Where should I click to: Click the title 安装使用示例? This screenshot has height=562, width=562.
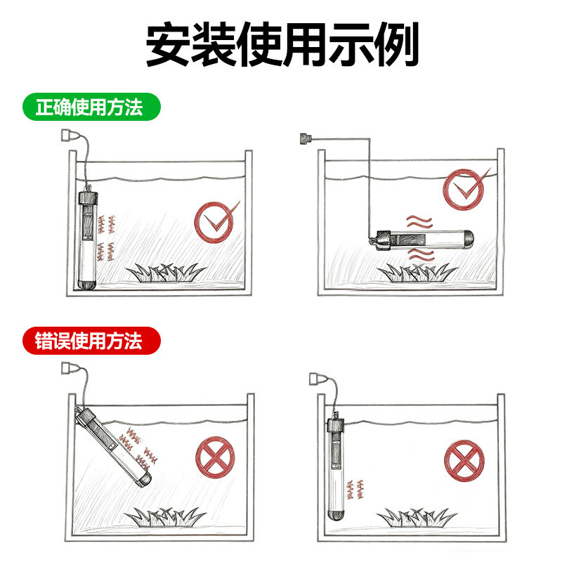click(281, 44)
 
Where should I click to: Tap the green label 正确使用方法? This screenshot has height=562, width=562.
click(91, 108)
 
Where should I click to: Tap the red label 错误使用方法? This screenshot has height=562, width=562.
click(91, 341)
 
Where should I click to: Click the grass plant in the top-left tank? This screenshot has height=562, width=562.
click(166, 272)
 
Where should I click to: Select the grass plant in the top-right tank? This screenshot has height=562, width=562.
click(419, 273)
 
